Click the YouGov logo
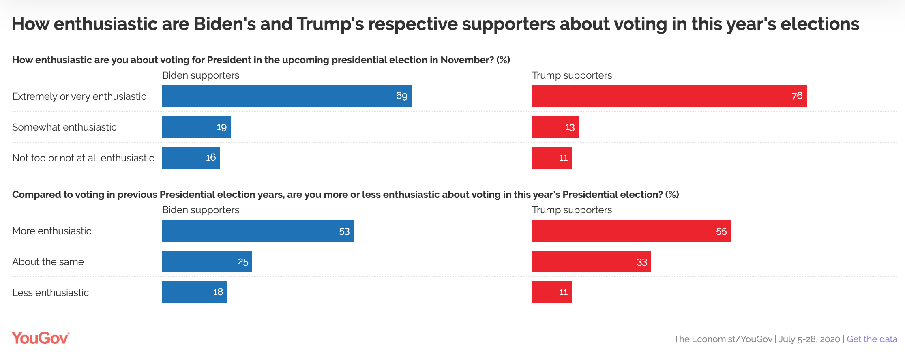[40, 338]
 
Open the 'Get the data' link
[872, 339]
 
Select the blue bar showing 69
[287, 96]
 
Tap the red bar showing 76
[669, 96]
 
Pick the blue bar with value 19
[196, 127]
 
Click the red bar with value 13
[555, 127]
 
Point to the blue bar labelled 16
[191, 158]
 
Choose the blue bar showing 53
[257, 231]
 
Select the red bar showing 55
[631, 231]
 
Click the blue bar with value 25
[207, 261]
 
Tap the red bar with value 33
[591, 261]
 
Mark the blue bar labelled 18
[194, 292]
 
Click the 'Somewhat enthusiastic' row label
[64, 127]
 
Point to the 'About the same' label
[48, 262]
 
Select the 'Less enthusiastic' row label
[50, 293]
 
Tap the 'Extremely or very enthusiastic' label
[79, 96]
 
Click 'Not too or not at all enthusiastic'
[83, 158]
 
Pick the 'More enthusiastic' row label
[51, 231]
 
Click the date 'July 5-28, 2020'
[809, 339]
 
